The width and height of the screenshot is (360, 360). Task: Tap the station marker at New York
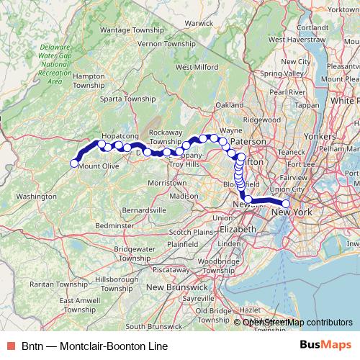click(x=286, y=203)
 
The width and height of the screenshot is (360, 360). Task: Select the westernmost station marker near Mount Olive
click(x=73, y=163)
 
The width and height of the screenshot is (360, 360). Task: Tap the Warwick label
click(x=199, y=22)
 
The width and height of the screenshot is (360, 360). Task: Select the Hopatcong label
click(x=118, y=135)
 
